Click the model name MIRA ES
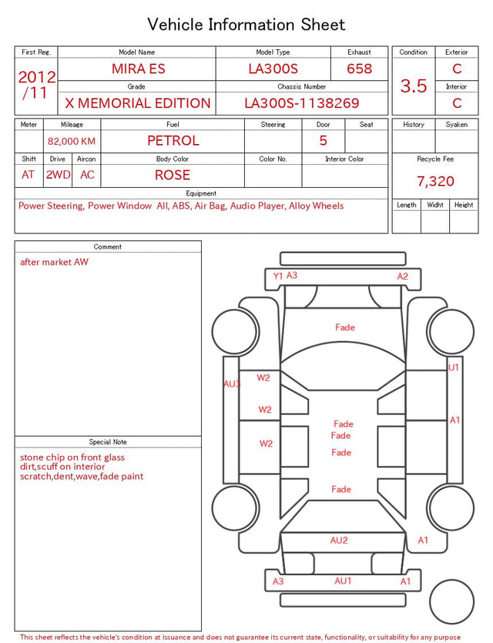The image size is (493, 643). pyautogui.click(x=139, y=69)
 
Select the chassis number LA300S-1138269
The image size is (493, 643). pyautogui.click(x=301, y=103)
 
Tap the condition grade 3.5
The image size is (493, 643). pyautogui.click(x=414, y=86)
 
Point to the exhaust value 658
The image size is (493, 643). pyautogui.click(x=359, y=69)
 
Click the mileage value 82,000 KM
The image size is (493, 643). pyautogui.click(x=72, y=142)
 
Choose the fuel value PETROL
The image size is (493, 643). pyautogui.click(x=173, y=141)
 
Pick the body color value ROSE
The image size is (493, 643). pyautogui.click(x=173, y=175)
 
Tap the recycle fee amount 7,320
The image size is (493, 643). pyautogui.click(x=435, y=181)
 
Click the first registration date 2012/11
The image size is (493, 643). pyautogui.click(x=36, y=85)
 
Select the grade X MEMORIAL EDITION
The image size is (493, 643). pyautogui.click(x=138, y=103)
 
